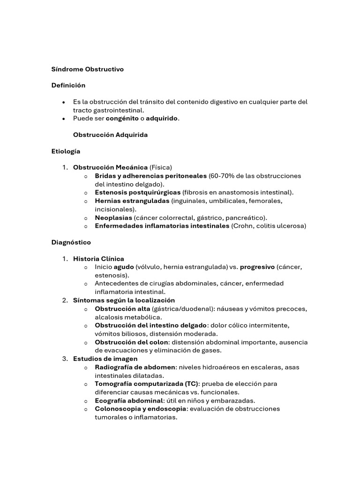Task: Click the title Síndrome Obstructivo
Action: click(x=87, y=69)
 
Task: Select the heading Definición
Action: click(x=68, y=85)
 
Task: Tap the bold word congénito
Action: click(x=124, y=119)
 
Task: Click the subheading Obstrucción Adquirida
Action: click(x=110, y=135)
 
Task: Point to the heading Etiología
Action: click(x=66, y=151)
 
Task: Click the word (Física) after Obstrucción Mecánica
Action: click(x=161, y=167)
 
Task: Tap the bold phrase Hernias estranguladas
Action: click(x=132, y=201)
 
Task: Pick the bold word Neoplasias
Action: click(x=113, y=217)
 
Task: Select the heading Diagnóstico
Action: click(x=71, y=242)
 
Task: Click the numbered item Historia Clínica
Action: click(x=98, y=259)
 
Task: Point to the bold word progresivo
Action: click(x=257, y=267)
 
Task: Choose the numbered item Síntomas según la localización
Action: click(x=124, y=300)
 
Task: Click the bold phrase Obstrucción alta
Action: click(x=122, y=308)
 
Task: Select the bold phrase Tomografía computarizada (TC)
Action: click(x=146, y=383)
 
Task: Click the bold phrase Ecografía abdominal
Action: click(x=129, y=400)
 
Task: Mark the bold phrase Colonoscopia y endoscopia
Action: click(x=140, y=409)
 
